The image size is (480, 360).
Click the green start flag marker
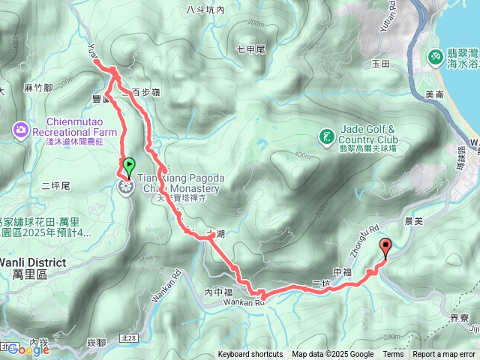(x=128, y=167)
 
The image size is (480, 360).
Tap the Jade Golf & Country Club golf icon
(x=326, y=136)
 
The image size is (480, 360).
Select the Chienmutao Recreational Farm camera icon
(x=19, y=131)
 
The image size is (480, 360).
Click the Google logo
(x=28, y=349)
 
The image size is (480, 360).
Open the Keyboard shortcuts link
(x=250, y=355)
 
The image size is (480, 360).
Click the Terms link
(x=393, y=355)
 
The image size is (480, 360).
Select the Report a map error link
(x=444, y=355)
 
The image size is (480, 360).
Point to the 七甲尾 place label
(x=250, y=49)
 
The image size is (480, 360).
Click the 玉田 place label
(x=380, y=65)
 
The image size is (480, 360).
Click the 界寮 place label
(x=459, y=317)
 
